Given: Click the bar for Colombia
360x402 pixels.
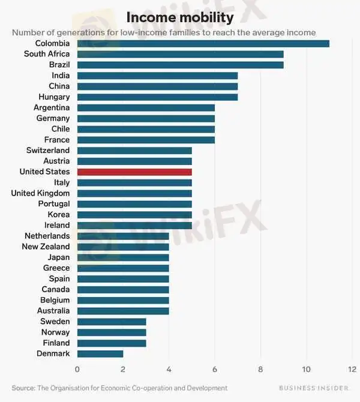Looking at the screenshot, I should coord(203,43).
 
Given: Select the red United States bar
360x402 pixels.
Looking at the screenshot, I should coord(134,172).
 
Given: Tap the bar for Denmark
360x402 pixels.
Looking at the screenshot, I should coord(100,353).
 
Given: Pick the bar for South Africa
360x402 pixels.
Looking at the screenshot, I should coord(180,54).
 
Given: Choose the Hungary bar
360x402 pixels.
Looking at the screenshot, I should coord(157,97).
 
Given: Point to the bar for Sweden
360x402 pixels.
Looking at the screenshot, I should coord(112,322).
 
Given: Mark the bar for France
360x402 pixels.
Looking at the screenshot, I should coord(146,140).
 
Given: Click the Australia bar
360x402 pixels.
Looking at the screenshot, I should coord(123,311).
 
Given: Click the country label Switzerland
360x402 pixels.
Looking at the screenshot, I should coord(48,150).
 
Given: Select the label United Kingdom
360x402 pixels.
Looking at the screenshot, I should coord(40,193).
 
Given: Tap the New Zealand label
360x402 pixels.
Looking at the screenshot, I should coord(46,247).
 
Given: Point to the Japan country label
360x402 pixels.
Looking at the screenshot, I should coord(59,257).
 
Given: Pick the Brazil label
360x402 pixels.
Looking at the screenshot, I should coord(59,65).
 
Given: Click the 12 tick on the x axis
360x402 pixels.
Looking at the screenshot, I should coord(352,369).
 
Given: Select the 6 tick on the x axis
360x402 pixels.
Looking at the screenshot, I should coord(215,369).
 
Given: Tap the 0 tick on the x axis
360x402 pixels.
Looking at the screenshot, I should coord(77,369).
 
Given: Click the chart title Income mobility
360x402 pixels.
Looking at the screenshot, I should coord(180,17).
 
